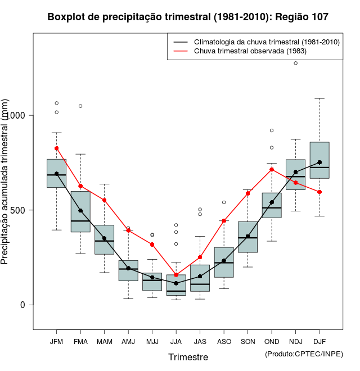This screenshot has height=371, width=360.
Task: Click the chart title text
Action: pyautogui.click(x=188, y=17)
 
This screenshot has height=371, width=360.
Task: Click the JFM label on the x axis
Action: pyautogui.click(x=56, y=342)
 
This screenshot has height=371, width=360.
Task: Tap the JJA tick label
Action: pyautogui.click(x=176, y=342)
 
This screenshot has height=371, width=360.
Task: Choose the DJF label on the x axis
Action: pyautogui.click(x=319, y=342)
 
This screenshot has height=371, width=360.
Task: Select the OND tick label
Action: pyautogui.click(x=272, y=342)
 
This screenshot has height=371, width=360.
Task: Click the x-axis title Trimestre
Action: pyautogui.click(x=188, y=357)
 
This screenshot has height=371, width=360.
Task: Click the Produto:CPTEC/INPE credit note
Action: pyautogui.click(x=304, y=354)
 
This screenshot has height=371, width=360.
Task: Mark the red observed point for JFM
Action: pyautogui.click(x=56, y=148)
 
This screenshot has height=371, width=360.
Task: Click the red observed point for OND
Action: pyautogui.click(x=272, y=169)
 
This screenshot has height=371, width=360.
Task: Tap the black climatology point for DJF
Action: pyautogui.click(x=319, y=162)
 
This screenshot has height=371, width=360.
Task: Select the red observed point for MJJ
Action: pyautogui.click(x=152, y=245)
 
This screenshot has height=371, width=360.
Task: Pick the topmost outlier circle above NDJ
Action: pyautogui.click(x=296, y=63)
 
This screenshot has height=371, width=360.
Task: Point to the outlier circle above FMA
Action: pyautogui.click(x=80, y=106)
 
